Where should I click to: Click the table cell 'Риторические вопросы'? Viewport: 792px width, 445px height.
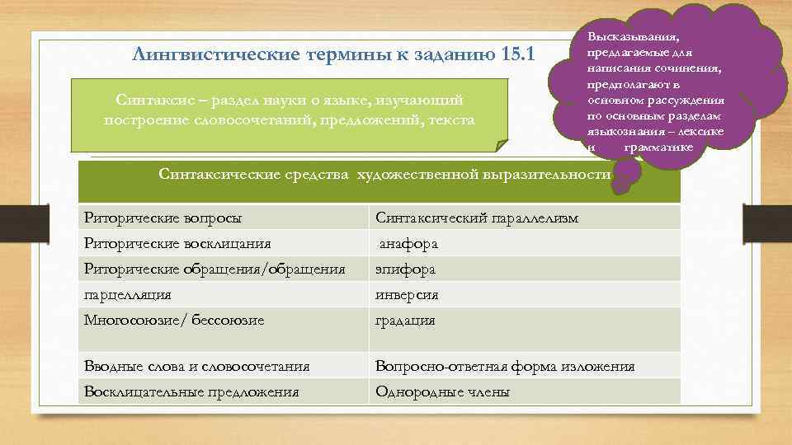[x=166, y=218]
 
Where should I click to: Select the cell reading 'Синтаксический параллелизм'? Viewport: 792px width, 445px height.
[x=477, y=218]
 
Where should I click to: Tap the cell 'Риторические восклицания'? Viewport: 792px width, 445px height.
[x=177, y=244]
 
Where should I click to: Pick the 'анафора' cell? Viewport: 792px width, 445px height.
[x=408, y=244]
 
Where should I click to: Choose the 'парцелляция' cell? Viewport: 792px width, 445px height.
[x=128, y=294]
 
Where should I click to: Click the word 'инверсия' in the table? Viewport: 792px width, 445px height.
[x=407, y=294]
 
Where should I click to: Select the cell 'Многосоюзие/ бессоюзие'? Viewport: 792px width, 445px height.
[x=174, y=320]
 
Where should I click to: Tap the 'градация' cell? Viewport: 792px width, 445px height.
[x=405, y=320]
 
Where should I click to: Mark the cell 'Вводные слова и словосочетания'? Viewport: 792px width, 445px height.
[x=197, y=367]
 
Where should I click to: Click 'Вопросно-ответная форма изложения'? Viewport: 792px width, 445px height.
[x=505, y=367]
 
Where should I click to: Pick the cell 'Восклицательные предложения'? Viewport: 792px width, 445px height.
[x=191, y=392]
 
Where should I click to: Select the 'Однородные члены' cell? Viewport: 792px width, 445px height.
[x=442, y=392]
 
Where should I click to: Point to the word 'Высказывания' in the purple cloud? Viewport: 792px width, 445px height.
[x=633, y=37]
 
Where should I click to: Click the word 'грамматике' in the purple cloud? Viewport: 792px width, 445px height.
[x=659, y=148]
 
